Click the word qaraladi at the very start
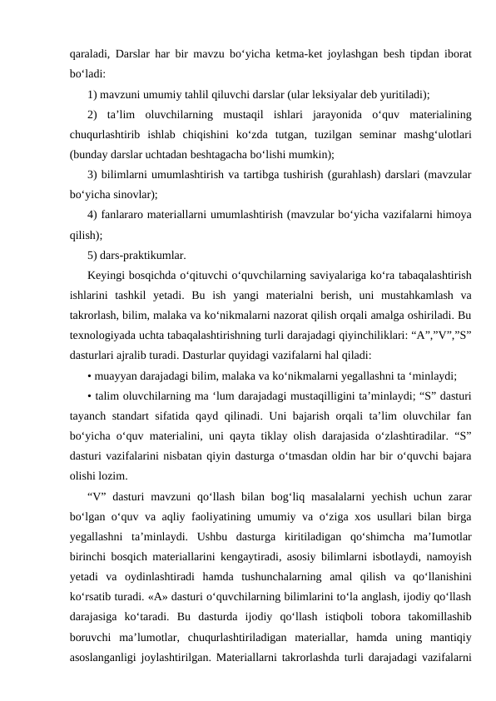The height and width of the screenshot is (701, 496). point(90,54)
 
